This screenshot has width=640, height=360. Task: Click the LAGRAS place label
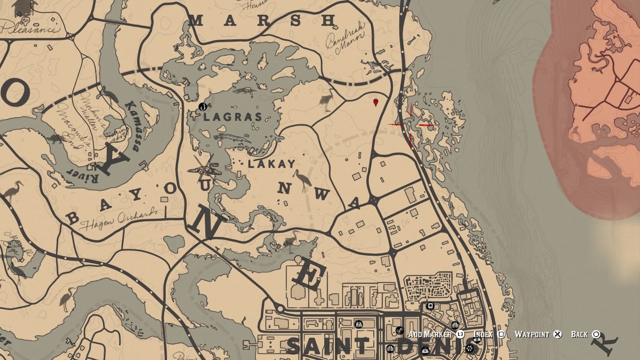(x=233, y=117)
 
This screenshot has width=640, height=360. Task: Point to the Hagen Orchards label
(x=118, y=219)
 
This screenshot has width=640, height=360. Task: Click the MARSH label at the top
(x=262, y=20)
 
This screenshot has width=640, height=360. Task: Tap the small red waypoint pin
(x=376, y=102)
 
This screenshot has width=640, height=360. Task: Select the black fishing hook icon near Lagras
(x=202, y=106)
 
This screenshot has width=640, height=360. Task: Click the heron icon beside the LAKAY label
(x=301, y=180)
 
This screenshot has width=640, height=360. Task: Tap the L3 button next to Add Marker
(x=460, y=334)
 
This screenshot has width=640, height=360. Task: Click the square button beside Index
(x=501, y=334)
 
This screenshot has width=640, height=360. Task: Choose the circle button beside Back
(x=596, y=334)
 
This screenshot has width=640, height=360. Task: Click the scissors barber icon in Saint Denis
(x=399, y=330)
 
